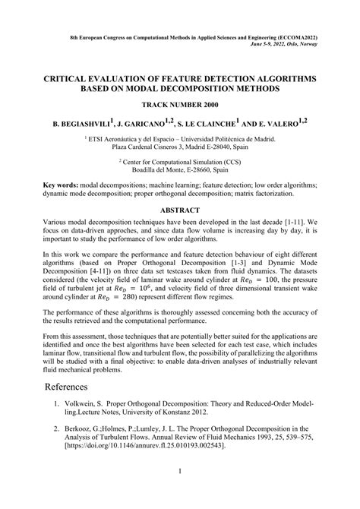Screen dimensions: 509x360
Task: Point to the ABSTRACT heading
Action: coord(179,209)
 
